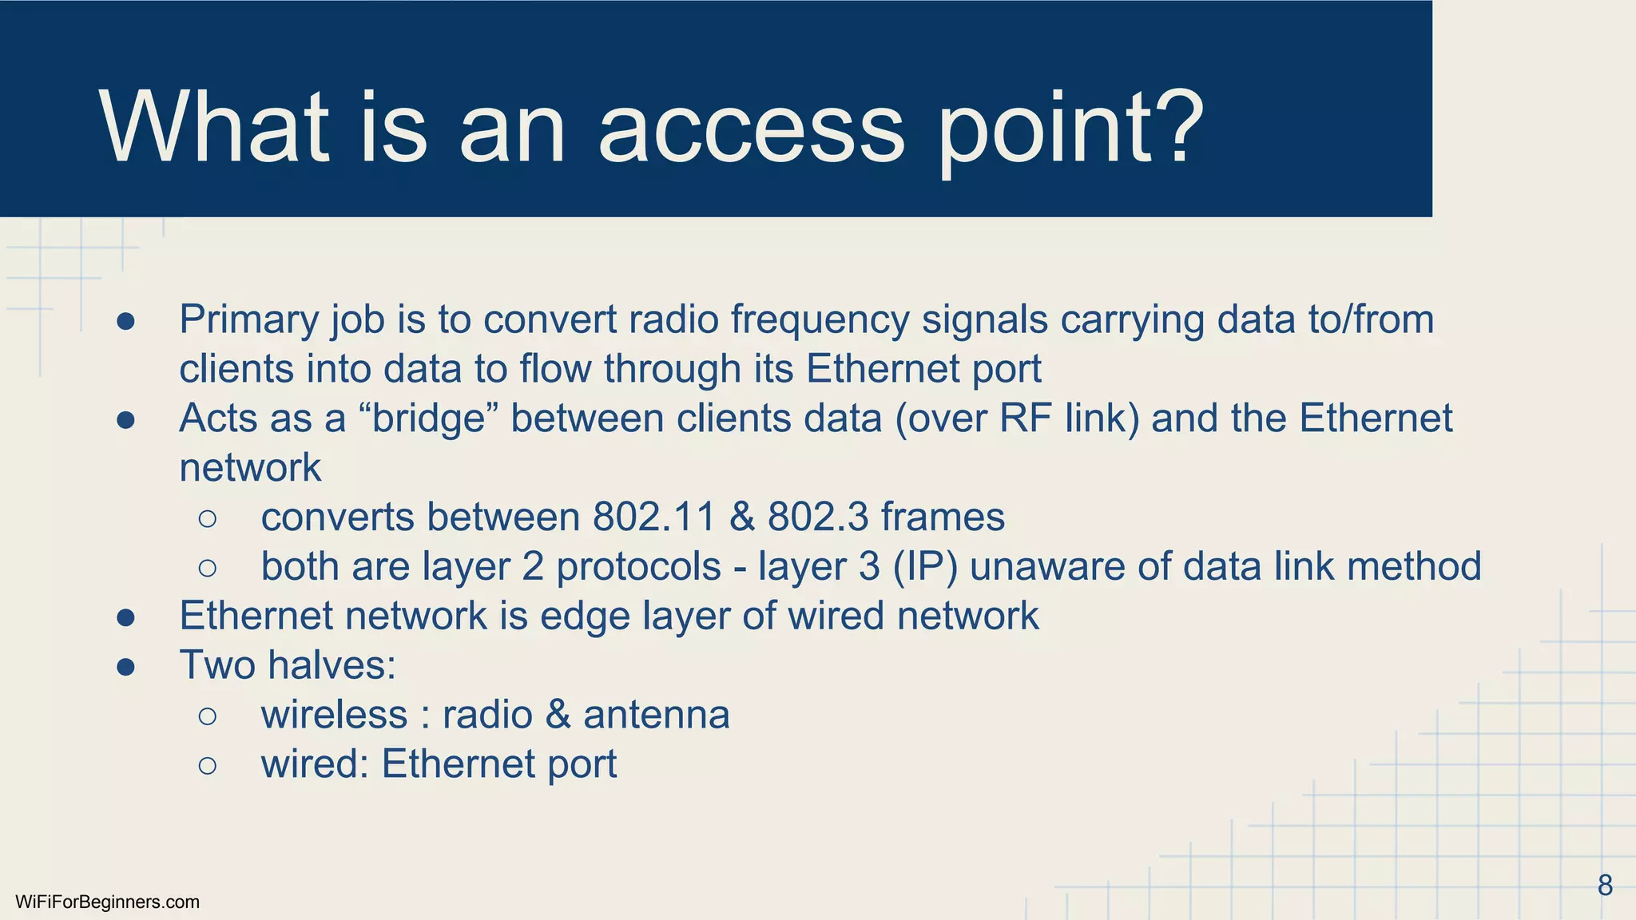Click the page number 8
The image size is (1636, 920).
click(1605, 886)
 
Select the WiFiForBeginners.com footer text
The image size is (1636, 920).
click(107, 902)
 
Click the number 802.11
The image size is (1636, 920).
click(653, 517)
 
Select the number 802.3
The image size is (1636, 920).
click(817, 517)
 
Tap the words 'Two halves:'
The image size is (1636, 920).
click(288, 664)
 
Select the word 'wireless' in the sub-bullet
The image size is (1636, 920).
click(334, 714)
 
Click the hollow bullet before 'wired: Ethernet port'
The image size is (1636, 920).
click(207, 765)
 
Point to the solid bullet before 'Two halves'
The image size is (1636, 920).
click(125, 666)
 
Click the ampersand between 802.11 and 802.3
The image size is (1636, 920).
click(741, 517)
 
